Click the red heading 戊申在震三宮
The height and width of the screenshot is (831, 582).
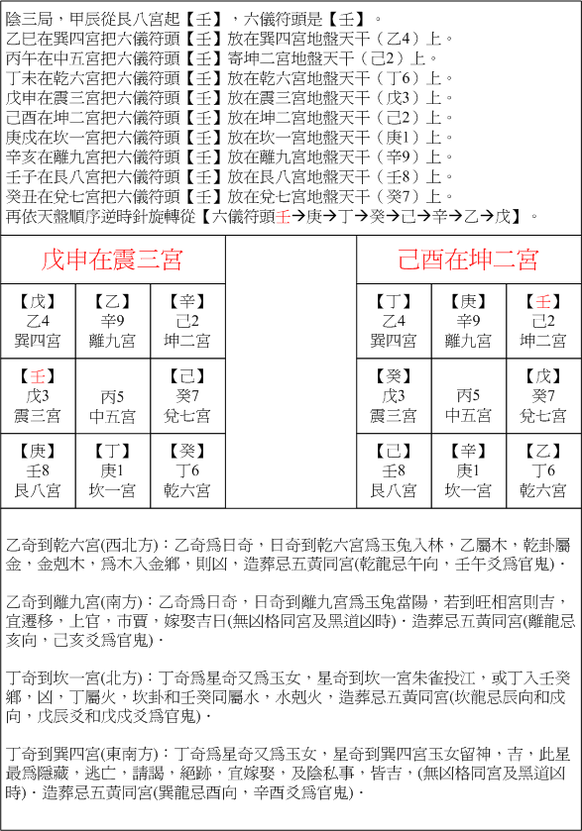tap(111, 260)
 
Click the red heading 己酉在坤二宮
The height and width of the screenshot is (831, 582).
tap(468, 260)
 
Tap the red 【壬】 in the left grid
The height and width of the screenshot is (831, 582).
tap(38, 376)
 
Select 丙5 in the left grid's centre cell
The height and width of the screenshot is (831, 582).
tap(112, 395)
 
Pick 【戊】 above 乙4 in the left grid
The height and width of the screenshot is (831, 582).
tap(38, 302)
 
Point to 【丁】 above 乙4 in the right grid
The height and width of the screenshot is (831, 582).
tap(394, 302)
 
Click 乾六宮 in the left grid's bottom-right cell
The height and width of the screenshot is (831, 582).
tap(186, 490)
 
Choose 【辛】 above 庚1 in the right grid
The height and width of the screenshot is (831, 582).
tap(468, 451)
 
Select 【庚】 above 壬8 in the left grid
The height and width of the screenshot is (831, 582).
tap(38, 451)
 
